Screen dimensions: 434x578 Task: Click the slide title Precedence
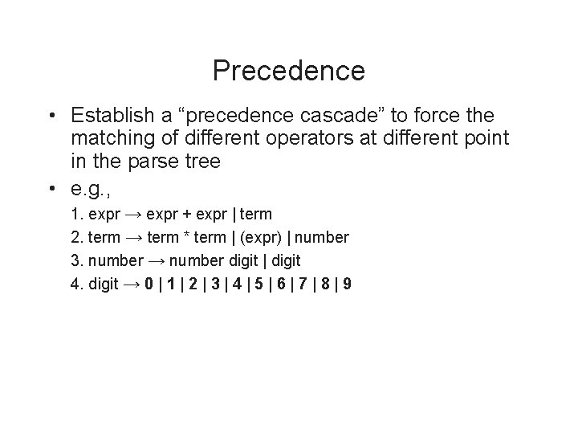[289, 71]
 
